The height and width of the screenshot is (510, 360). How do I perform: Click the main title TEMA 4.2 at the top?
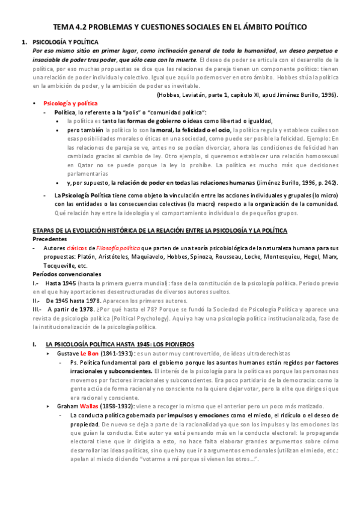coord(180,27)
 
